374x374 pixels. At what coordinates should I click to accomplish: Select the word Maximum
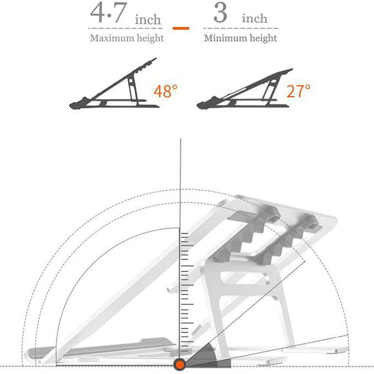point(108,38)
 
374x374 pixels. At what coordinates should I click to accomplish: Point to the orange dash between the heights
point(181,28)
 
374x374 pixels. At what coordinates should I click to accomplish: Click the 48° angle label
point(165,91)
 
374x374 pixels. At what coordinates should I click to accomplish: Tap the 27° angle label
point(298,91)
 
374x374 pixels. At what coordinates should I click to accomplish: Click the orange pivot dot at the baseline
point(180,364)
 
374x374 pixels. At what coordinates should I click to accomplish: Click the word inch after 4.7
point(148,20)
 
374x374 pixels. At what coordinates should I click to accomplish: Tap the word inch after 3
point(255,19)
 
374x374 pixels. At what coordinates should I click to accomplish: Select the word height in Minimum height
point(260,38)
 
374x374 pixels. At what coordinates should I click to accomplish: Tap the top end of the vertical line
point(180,140)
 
